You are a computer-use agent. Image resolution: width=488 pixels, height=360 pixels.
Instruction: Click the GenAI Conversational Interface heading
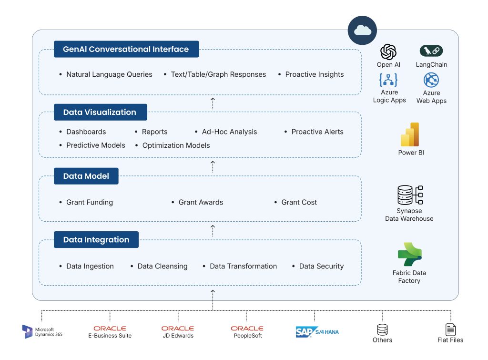coord(126,49)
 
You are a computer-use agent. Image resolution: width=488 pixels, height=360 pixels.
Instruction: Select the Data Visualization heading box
coord(100,112)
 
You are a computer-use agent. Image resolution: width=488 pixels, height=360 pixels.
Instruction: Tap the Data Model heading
coord(86,176)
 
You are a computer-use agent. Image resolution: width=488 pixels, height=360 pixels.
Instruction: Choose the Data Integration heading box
coord(96,239)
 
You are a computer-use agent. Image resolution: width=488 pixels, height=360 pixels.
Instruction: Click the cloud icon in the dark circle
coord(363,30)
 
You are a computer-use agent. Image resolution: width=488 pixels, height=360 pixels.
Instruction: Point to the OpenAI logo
coord(388,51)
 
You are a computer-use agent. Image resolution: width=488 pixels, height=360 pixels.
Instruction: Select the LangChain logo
coord(431,51)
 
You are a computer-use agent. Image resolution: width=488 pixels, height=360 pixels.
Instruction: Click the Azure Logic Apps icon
coord(388,80)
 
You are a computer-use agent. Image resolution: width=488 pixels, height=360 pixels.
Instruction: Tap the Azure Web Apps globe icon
coord(431,80)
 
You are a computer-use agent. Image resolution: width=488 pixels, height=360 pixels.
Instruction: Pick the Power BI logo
coord(410,134)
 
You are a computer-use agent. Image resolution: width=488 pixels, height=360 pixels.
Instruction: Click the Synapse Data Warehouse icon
coord(410,195)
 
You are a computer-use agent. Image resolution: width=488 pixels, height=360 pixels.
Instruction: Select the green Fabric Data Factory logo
coord(409,255)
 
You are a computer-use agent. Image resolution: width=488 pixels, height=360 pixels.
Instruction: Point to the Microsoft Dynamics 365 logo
coord(27,331)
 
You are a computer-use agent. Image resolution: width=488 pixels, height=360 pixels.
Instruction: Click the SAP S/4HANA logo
coord(317,332)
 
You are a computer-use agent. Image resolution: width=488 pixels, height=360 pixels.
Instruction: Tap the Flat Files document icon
coord(450,329)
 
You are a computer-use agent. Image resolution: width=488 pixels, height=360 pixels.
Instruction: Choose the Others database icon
coord(382,329)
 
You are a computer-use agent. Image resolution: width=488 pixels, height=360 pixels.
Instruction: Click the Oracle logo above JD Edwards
coord(178,328)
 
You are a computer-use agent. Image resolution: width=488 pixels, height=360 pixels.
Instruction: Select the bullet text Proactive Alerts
coord(317,132)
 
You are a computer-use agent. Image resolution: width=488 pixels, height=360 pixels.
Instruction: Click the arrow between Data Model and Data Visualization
coord(213,166)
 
